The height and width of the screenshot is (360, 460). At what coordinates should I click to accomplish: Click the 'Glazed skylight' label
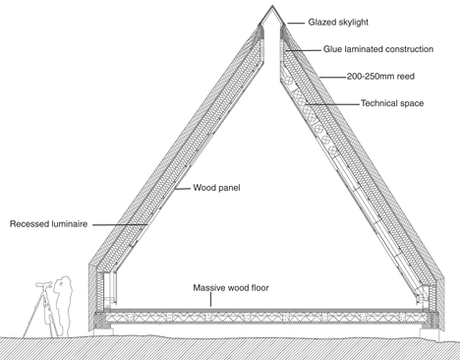[x=338, y=23]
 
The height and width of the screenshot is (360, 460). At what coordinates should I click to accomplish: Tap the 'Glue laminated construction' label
[x=378, y=49]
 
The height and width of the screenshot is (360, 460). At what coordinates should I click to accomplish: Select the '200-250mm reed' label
[x=380, y=77]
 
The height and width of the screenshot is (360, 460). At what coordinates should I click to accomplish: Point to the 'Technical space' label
[x=392, y=103]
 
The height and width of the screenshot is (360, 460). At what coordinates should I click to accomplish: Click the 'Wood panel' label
[x=216, y=188]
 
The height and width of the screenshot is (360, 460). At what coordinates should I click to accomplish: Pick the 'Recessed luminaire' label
[x=48, y=224]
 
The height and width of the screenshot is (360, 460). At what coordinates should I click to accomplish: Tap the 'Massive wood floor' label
[x=231, y=288]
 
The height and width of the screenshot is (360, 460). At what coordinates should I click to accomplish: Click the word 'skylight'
[x=352, y=23]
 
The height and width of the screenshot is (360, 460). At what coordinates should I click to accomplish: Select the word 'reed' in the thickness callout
[x=406, y=77]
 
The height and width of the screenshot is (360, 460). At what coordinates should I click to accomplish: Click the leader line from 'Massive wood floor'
[x=210, y=300]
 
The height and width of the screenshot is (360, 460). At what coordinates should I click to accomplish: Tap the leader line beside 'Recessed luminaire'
[x=120, y=224]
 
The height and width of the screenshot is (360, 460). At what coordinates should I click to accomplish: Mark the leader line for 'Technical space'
[x=332, y=104]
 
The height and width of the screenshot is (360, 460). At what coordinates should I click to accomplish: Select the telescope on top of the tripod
[x=44, y=284]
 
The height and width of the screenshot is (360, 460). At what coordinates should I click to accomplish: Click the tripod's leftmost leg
[x=32, y=314]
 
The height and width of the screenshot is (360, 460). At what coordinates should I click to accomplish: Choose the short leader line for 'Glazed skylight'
[x=296, y=24]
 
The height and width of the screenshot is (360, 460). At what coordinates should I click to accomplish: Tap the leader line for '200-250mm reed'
[x=333, y=78]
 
